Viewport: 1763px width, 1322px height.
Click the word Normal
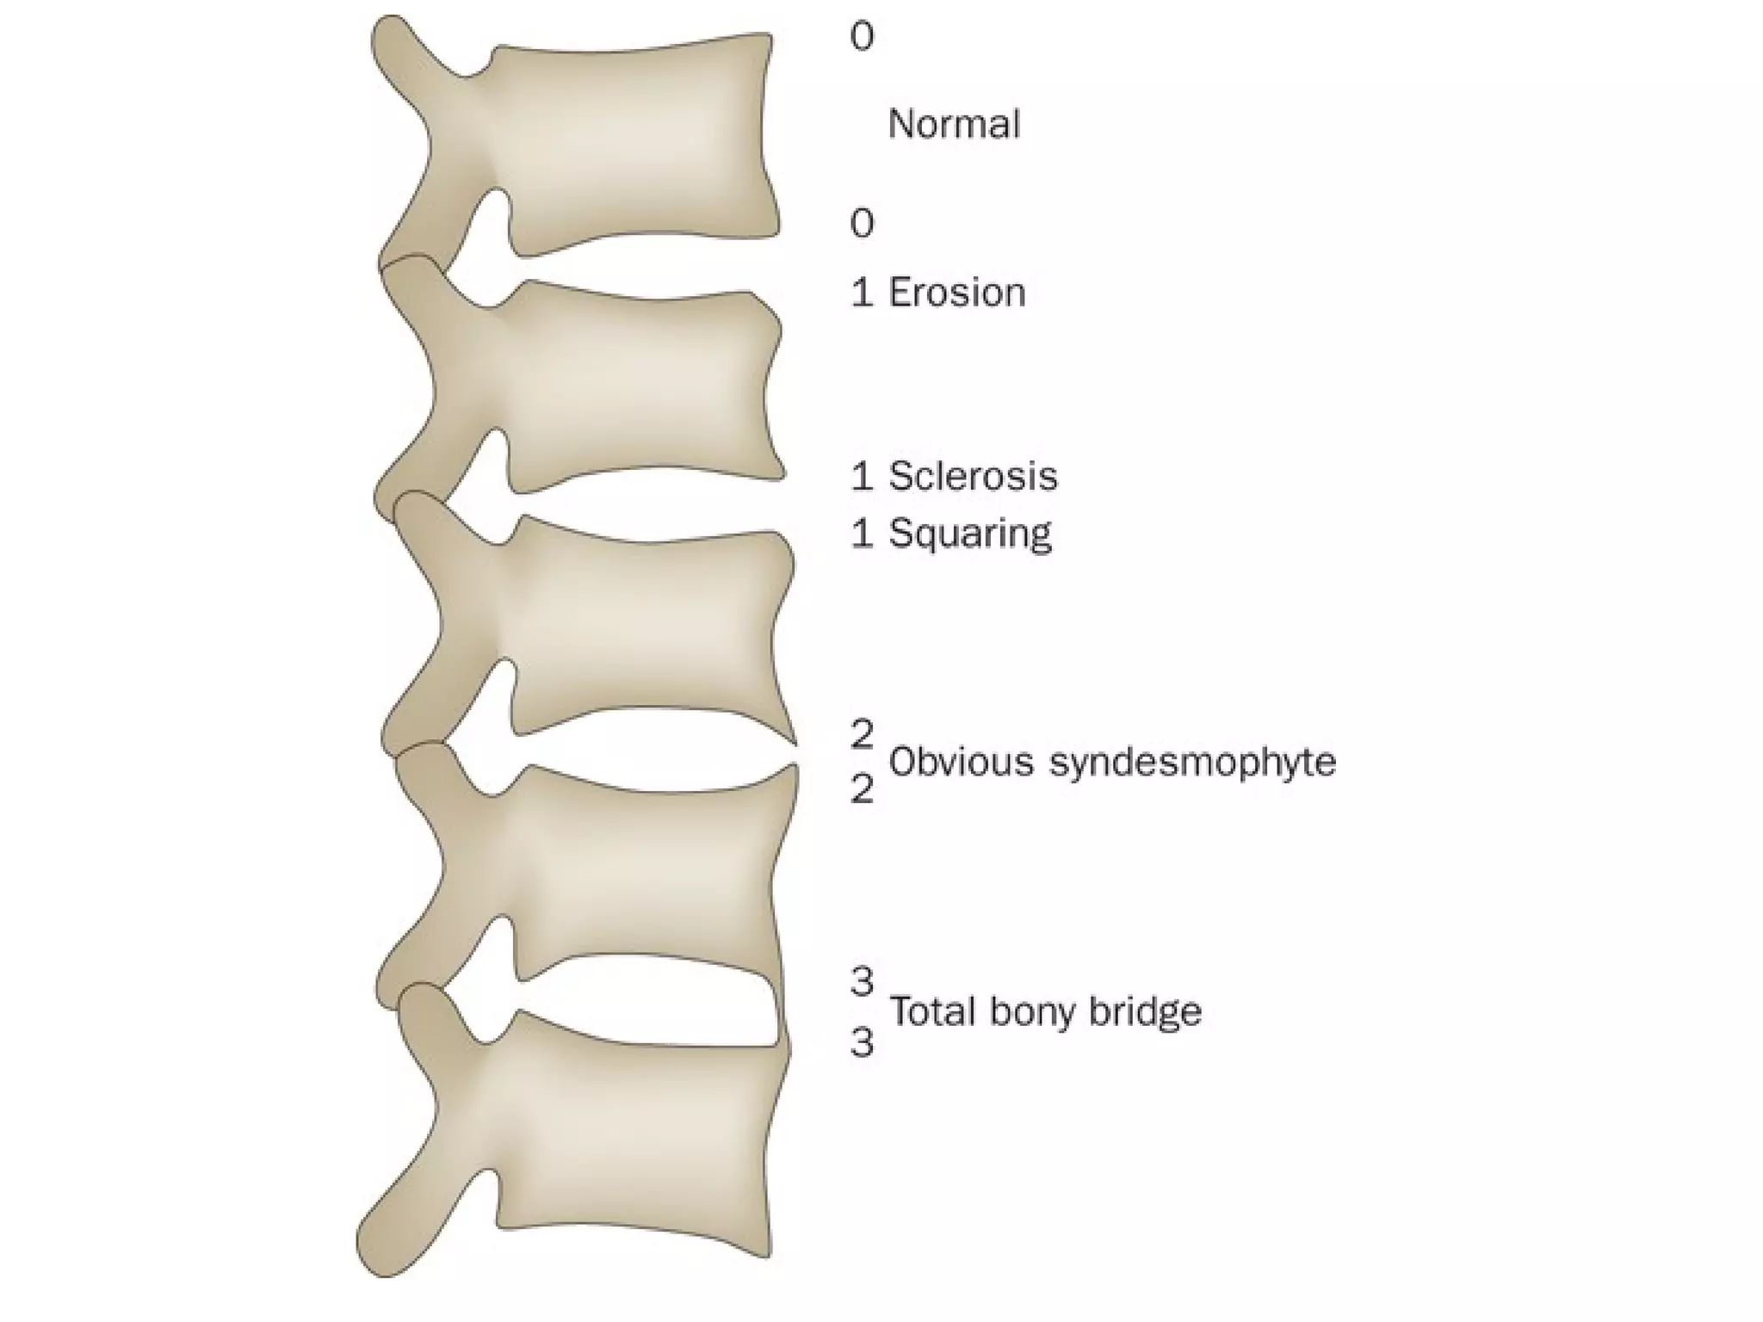(954, 124)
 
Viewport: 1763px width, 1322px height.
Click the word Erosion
(956, 293)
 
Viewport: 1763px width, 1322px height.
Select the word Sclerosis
(973, 476)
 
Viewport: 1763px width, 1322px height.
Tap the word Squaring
(969, 534)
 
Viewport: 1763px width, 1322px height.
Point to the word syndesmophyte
(1192, 763)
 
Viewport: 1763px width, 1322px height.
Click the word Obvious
(961, 762)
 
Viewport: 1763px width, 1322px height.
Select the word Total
(931, 1010)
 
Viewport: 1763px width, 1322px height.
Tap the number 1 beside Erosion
(862, 293)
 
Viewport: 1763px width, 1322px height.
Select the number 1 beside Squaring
(862, 534)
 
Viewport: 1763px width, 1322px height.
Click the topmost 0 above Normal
(862, 36)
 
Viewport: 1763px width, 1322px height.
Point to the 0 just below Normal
(862, 223)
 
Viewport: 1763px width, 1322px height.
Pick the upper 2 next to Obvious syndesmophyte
(862, 734)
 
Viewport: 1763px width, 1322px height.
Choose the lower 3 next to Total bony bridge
(862, 1042)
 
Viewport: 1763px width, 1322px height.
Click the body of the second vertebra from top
(637, 387)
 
